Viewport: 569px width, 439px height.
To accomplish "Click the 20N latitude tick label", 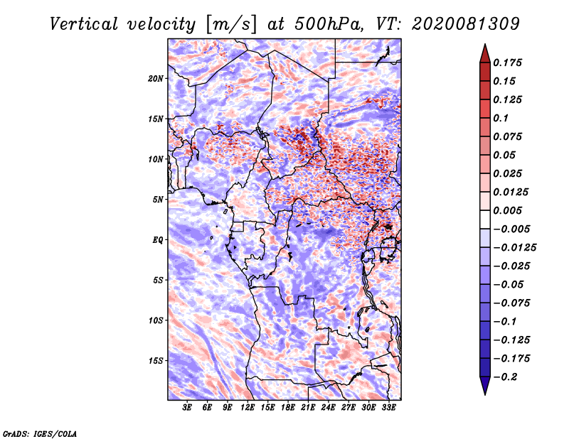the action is pyautogui.click(x=156, y=79).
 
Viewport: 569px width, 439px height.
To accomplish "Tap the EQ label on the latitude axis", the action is pyautogui.click(x=158, y=240).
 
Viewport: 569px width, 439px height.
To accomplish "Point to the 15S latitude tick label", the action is pyautogui.click(x=156, y=361).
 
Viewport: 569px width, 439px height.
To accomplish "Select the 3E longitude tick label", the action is pyautogui.click(x=187, y=407).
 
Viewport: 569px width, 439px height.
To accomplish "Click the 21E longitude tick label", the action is pyautogui.click(x=308, y=407).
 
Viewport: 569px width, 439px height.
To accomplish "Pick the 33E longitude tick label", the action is pyautogui.click(x=388, y=407).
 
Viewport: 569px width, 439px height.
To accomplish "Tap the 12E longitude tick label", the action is pyautogui.click(x=248, y=407).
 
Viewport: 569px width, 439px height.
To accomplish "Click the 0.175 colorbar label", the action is pyautogui.click(x=507, y=63).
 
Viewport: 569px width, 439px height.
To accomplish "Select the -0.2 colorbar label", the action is pyautogui.click(x=505, y=377).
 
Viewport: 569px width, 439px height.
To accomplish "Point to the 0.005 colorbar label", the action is pyautogui.click(x=507, y=210).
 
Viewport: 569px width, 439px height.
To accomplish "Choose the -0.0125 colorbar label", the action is pyautogui.click(x=514, y=248).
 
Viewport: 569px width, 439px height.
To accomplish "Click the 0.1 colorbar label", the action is pyautogui.click(x=501, y=118).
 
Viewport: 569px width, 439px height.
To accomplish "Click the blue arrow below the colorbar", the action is pyautogui.click(x=485, y=384).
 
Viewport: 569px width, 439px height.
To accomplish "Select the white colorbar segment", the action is pyautogui.click(x=485, y=220).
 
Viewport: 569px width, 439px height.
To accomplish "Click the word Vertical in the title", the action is pyautogui.click(x=84, y=24).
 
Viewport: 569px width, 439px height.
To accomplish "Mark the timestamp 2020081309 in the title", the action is pyautogui.click(x=466, y=24).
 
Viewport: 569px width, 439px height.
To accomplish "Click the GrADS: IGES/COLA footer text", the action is pyautogui.click(x=40, y=433).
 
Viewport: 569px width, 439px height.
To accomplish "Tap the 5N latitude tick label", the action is pyautogui.click(x=158, y=200).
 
